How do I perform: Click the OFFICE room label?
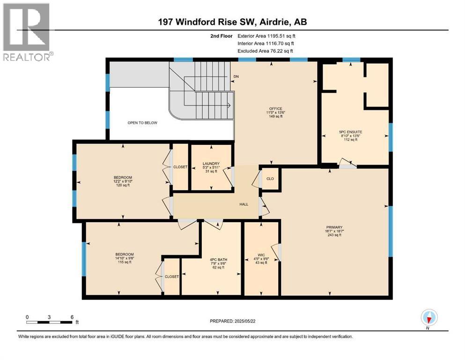click(275, 109)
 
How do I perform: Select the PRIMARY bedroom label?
click(331, 227)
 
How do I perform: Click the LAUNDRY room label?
click(211, 164)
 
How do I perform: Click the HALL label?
click(244, 204)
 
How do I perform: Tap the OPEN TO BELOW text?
click(142, 123)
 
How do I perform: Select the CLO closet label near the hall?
click(270, 178)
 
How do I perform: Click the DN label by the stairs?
click(236, 76)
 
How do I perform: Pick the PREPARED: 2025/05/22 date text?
click(233, 321)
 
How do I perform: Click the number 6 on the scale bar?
click(72, 316)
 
